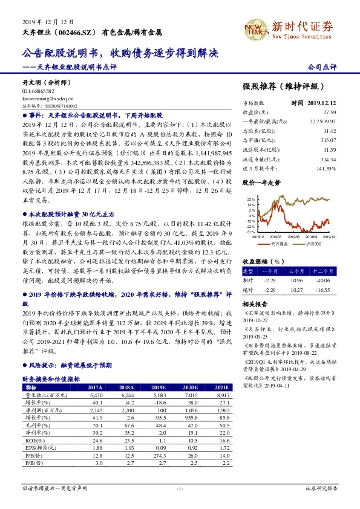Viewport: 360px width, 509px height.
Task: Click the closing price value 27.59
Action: click(329, 112)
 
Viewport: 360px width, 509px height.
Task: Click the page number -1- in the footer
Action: click(179, 488)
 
